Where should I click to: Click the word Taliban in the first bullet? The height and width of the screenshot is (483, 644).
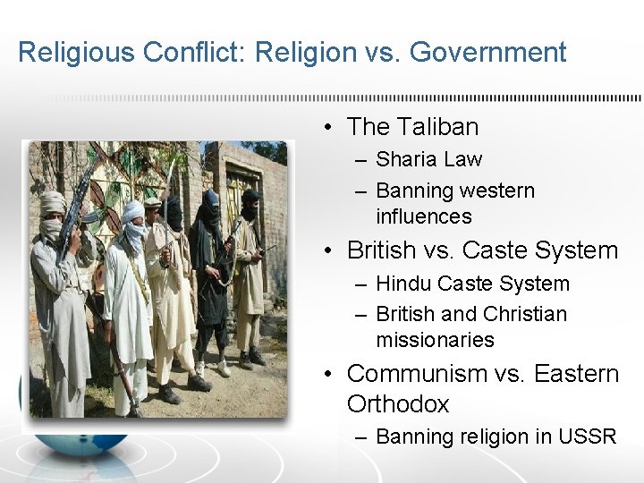(437, 127)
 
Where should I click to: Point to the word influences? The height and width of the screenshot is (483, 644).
(423, 216)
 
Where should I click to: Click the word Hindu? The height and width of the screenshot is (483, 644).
(402, 284)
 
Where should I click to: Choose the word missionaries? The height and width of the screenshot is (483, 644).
(435, 340)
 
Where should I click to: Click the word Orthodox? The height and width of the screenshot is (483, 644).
(397, 403)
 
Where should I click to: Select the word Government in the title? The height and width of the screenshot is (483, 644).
(487, 53)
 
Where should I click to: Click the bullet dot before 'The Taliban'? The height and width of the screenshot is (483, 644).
(330, 128)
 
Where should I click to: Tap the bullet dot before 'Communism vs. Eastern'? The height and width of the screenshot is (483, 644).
(330, 374)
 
